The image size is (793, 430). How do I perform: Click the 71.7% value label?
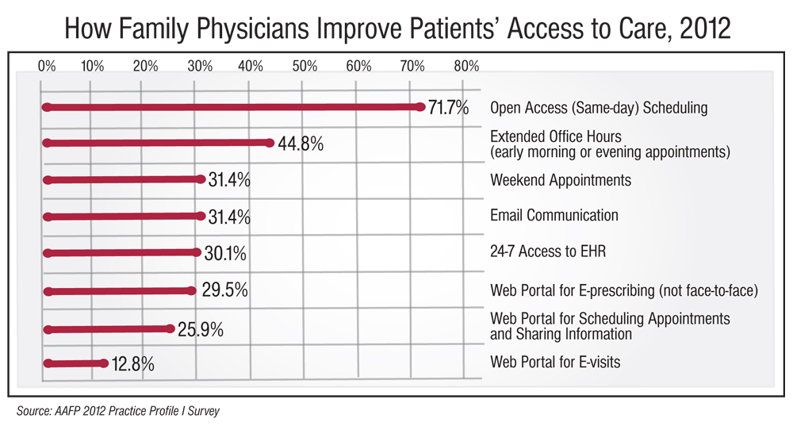click(x=449, y=108)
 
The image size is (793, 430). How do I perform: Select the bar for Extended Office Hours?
click(x=159, y=144)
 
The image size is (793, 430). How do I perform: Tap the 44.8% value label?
click(x=301, y=144)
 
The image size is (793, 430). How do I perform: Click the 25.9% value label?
click(x=200, y=328)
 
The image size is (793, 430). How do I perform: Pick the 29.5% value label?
click(x=224, y=291)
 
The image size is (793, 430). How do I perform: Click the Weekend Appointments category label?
click(x=561, y=180)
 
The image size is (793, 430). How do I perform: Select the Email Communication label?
click(x=554, y=215)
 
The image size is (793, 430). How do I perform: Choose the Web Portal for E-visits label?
click(x=555, y=363)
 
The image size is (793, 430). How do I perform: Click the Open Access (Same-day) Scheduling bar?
click(x=234, y=107)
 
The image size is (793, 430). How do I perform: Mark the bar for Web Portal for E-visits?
click(x=76, y=364)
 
